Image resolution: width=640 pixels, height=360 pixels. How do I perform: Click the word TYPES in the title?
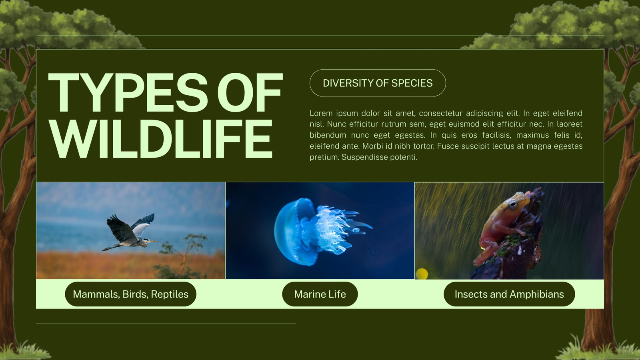pyautogui.click(x=128, y=92)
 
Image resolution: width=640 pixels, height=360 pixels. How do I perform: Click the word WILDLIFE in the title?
pyautogui.click(x=160, y=139)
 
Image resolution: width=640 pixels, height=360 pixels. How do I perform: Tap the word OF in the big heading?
pyautogui.click(x=250, y=92)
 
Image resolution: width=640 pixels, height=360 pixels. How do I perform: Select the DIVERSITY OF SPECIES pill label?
pyautogui.click(x=378, y=83)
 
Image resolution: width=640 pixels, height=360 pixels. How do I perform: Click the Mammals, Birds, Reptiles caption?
pyautogui.click(x=130, y=294)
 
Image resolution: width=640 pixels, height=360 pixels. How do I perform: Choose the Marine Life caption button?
pyautogui.click(x=320, y=294)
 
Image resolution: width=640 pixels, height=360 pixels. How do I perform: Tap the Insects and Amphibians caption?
pyautogui.click(x=509, y=294)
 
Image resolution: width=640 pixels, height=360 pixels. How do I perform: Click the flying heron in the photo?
pyautogui.click(x=130, y=232)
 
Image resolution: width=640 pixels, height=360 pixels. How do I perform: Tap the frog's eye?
pyautogui.click(x=514, y=204)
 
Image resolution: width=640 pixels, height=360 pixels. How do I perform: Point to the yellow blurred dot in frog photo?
pyautogui.click(x=422, y=274)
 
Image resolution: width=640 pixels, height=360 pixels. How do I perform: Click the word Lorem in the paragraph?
pyautogui.click(x=321, y=113)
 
